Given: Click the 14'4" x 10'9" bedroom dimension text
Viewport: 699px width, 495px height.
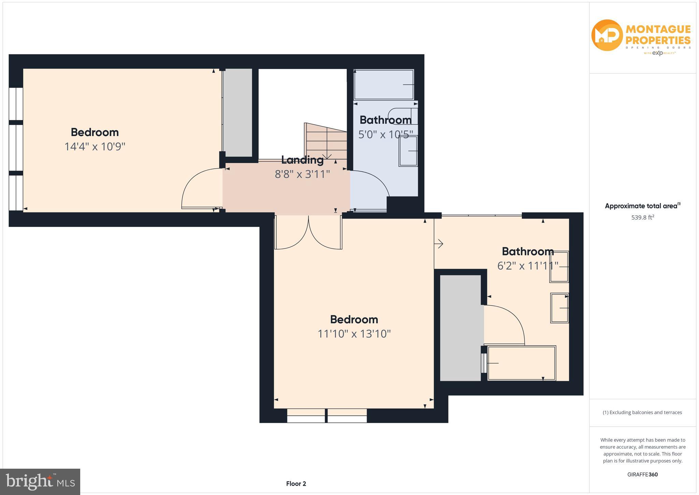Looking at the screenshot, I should point(95,147).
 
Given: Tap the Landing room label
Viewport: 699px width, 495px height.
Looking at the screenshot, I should point(302,160).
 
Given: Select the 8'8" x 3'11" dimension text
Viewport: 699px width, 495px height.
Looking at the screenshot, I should point(302,174).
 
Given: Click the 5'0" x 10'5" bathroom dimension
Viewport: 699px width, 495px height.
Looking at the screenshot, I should point(385,134).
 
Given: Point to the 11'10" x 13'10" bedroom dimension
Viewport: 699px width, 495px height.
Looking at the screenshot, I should point(354,334).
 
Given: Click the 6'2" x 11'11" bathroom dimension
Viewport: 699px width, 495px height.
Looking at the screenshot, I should point(527,266).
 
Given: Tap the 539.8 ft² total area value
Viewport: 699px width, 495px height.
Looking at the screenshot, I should point(642,217).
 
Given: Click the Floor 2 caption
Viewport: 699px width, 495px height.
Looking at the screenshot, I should point(296,484).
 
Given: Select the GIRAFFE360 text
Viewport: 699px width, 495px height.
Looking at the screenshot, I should point(642,474).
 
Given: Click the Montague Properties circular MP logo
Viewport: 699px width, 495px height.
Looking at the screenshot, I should point(607,35).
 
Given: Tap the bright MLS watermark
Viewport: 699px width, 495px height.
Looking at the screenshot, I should point(40,482).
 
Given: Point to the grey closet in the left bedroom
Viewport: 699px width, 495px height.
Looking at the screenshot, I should point(238,112).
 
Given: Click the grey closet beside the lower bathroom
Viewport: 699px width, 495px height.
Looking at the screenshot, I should point(460,327).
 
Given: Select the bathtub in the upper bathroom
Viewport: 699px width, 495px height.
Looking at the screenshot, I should point(384,85).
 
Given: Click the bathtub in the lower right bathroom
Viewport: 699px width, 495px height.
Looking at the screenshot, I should point(521,363).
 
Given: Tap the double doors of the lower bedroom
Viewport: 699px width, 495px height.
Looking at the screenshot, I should point(308,232).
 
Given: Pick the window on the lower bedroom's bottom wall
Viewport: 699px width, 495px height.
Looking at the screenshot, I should point(327,416).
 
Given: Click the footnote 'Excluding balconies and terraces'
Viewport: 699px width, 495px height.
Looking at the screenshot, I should point(642,412).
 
